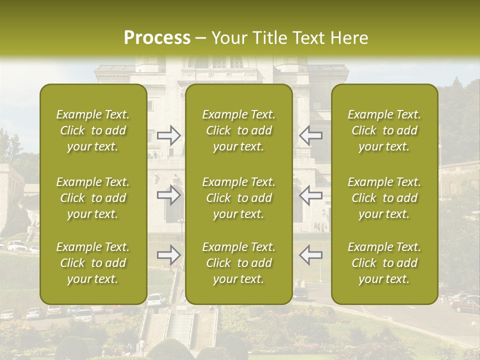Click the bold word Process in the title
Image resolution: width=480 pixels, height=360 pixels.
[157, 37]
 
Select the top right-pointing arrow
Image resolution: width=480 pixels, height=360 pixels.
[169, 135]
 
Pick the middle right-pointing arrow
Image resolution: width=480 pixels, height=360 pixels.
[169, 195]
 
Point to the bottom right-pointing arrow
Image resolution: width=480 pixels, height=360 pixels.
[169, 255]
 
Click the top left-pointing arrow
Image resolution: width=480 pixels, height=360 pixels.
[310, 135]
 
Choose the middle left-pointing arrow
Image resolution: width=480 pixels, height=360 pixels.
[310, 195]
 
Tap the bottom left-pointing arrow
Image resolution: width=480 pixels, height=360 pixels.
[310, 255]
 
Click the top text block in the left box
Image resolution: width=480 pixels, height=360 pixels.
[93, 130]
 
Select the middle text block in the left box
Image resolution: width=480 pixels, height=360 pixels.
[93, 198]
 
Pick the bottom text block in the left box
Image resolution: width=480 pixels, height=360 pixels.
[93, 263]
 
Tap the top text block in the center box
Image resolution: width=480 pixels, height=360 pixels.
[239, 130]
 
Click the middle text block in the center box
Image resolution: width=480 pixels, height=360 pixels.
[239, 198]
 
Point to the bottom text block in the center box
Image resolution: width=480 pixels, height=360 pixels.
[239, 263]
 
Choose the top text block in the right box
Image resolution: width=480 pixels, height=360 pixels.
[384, 130]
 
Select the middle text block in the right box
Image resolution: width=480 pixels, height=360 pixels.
[384, 198]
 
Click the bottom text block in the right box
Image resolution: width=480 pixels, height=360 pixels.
[384, 263]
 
